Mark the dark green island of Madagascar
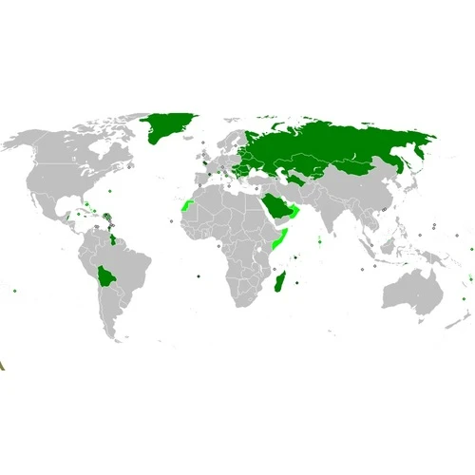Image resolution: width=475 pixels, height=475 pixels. [279, 282]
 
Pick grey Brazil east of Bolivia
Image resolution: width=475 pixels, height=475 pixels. [133, 266]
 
